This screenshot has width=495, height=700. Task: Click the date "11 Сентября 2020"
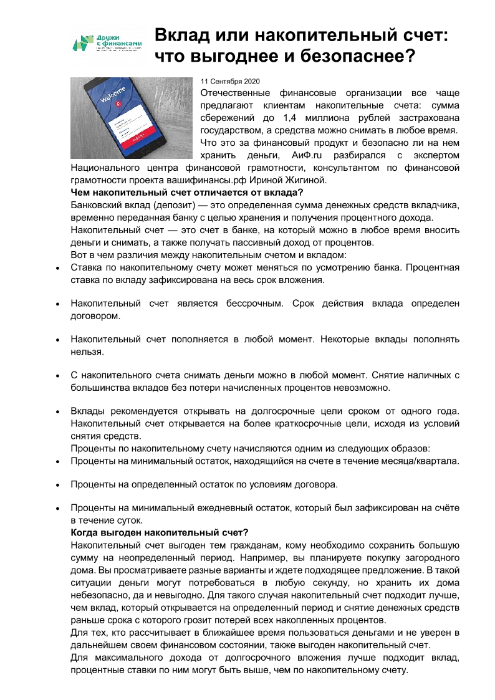(x=229, y=82)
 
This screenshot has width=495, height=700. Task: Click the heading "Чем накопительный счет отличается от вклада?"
(x=187, y=192)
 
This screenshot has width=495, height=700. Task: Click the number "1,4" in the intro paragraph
(x=292, y=118)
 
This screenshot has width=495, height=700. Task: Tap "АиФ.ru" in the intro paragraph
(x=312, y=155)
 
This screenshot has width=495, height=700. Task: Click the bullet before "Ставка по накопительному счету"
(x=57, y=268)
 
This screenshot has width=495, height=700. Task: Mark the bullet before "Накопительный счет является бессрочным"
(x=57, y=304)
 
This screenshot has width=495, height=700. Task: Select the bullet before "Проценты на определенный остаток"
(x=57, y=484)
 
